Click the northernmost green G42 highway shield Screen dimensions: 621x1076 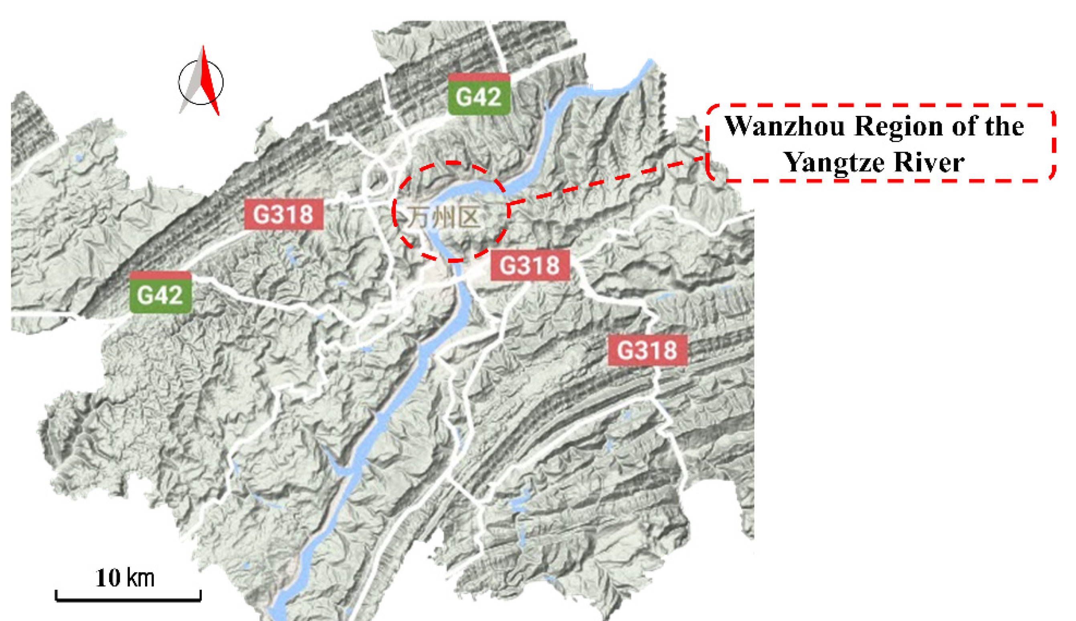click(x=479, y=95)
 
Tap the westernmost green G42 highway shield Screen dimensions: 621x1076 click(x=160, y=293)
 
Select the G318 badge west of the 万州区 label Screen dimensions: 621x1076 click(x=283, y=214)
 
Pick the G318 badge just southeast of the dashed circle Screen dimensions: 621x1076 click(x=530, y=265)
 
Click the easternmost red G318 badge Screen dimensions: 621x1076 click(x=647, y=350)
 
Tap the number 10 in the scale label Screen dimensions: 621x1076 click(x=108, y=578)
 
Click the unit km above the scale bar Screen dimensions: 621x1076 click(x=141, y=578)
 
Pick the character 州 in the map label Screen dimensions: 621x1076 click(x=443, y=218)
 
